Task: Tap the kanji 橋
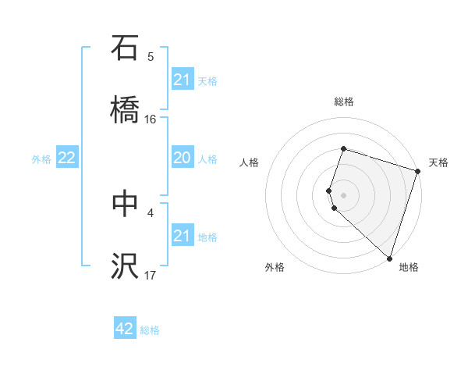tap(125, 110)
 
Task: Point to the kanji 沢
tap(125, 266)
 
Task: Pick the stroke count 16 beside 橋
tap(151, 119)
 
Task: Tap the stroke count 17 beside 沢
tap(151, 275)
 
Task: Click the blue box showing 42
tap(125, 329)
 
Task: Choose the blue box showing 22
tap(67, 159)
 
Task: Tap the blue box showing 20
tap(183, 159)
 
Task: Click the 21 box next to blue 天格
tap(183, 80)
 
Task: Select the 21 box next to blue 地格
tap(183, 236)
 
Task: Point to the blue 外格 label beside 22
tap(41, 159)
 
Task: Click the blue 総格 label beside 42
tap(150, 330)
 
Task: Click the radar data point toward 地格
tap(389, 258)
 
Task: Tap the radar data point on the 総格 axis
tap(343, 148)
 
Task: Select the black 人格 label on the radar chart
tap(250, 162)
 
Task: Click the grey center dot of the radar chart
tap(343, 195)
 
